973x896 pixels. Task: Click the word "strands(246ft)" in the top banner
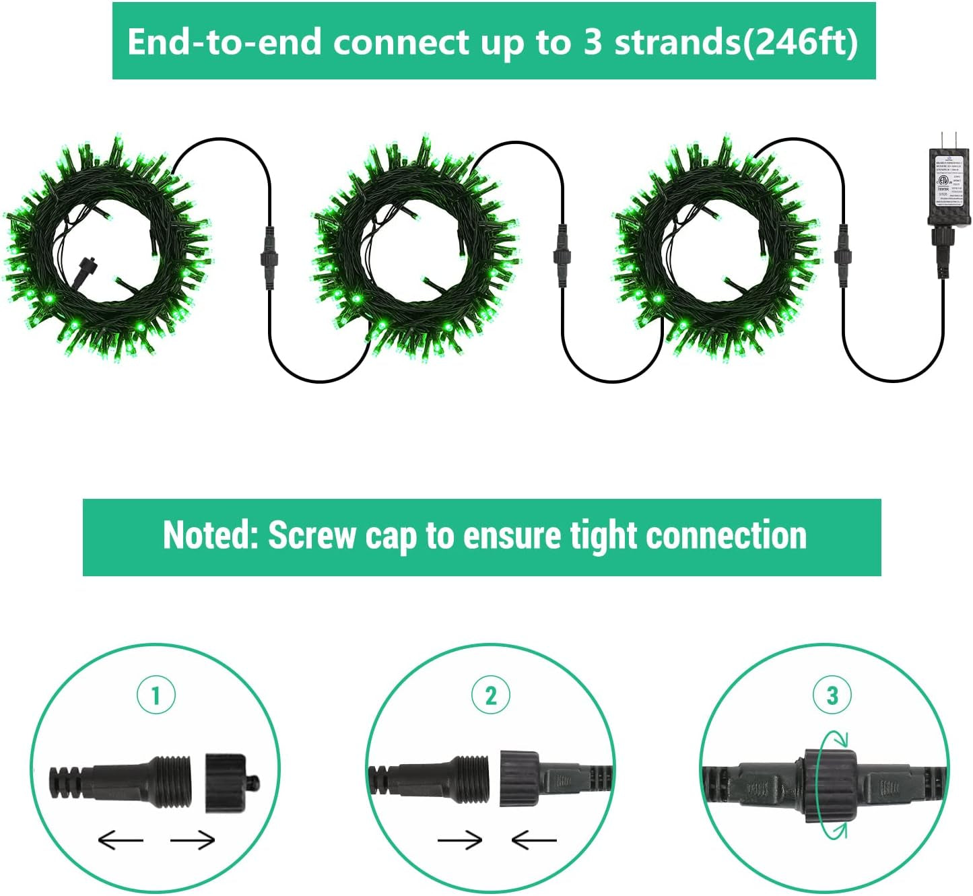(736, 42)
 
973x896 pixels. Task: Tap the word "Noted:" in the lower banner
(210, 536)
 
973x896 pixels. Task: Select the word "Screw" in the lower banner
(312, 536)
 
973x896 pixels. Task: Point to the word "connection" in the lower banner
(726, 536)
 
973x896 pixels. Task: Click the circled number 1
(156, 695)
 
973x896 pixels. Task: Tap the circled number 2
(491, 695)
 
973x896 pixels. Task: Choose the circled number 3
(832, 695)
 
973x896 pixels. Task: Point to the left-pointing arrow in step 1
(121, 839)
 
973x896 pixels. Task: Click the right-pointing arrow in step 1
(193, 839)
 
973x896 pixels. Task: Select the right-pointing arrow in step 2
(460, 839)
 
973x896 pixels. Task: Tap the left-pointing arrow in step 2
(534, 839)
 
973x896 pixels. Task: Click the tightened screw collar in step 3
(830, 784)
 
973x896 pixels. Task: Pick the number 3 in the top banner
(593, 42)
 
